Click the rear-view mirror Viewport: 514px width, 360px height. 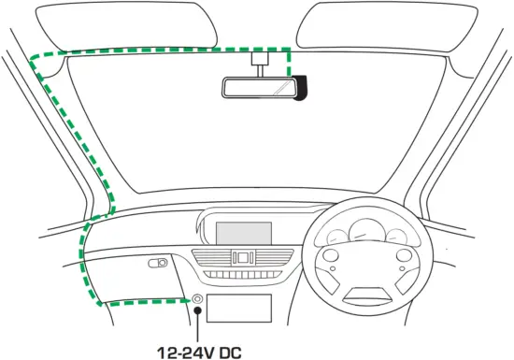(257, 87)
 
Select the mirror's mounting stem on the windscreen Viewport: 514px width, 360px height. (257, 63)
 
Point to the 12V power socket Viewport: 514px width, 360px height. (198, 299)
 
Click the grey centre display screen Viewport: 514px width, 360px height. (244, 233)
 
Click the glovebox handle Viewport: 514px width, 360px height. (158, 264)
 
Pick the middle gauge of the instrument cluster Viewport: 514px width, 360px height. (368, 230)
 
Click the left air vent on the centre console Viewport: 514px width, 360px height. (214, 258)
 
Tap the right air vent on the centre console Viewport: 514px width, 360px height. (271, 258)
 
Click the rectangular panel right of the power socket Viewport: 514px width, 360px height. (239, 308)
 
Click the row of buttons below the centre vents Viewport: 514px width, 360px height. (243, 275)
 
